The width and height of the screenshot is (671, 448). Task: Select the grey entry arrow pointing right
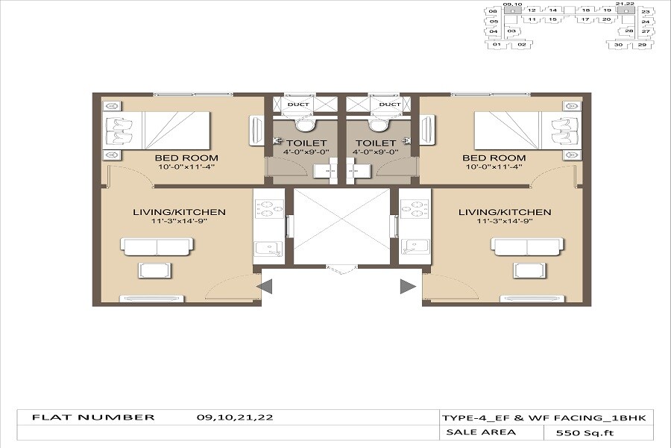pos(407,286)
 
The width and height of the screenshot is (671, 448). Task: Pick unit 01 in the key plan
pos(495,45)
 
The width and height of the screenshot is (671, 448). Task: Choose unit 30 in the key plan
pos(618,45)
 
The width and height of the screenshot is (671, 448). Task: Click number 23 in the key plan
pos(646,12)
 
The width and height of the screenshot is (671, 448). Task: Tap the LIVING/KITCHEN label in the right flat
pos(505,212)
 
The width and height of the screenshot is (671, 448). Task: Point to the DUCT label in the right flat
pos(389,105)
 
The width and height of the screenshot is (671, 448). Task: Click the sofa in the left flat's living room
pos(158,246)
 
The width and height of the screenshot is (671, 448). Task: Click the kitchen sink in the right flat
pos(412,247)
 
